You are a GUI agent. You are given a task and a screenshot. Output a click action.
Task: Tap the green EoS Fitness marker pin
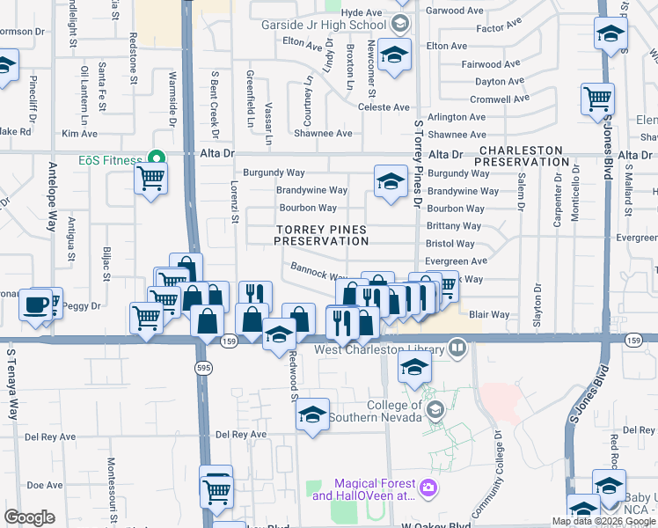tap(157, 159)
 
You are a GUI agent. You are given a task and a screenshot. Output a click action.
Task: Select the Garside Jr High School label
tap(321, 26)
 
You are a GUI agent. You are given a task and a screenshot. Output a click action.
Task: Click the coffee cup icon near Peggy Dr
tap(35, 304)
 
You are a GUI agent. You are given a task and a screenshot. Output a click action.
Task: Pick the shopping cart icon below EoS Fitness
tap(151, 179)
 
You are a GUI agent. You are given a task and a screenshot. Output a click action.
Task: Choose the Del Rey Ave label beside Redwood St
tap(241, 435)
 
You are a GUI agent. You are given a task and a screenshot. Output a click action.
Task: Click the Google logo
tap(29, 517)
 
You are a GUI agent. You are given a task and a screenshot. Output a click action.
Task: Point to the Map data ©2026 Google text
tap(603, 521)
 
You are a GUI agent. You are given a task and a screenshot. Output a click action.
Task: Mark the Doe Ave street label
tap(44, 485)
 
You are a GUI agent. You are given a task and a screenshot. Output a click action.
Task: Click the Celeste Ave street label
tap(384, 106)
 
